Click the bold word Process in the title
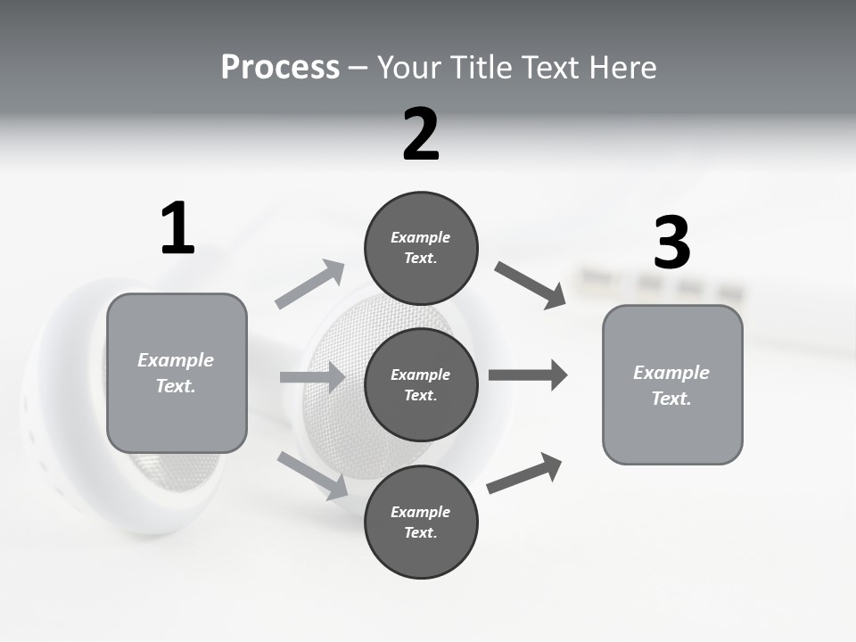tap(280, 68)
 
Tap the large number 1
tap(177, 229)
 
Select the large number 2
tap(421, 135)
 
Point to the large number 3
tap(671, 243)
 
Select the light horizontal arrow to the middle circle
tap(312, 377)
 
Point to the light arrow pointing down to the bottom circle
tap(312, 474)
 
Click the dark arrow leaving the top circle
tap(531, 285)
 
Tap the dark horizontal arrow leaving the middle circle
tap(528, 375)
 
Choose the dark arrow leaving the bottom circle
tap(524, 473)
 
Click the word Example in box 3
tap(671, 373)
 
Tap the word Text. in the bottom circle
tap(420, 532)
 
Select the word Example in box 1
tap(176, 360)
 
